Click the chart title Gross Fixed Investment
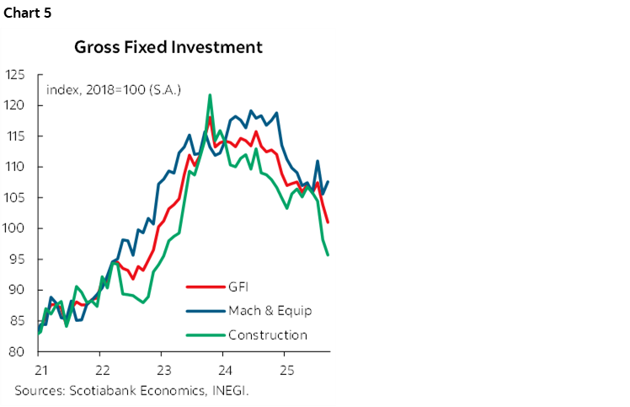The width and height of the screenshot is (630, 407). click(x=168, y=47)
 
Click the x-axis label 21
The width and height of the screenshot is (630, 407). click(x=39, y=369)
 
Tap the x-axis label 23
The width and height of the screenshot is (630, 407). click(x=163, y=369)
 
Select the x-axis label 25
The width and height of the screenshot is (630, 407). click(x=287, y=369)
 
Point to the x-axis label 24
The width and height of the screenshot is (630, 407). click(x=225, y=369)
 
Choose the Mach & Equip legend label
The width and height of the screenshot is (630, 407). click(x=270, y=310)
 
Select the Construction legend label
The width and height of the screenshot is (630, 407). click(x=268, y=335)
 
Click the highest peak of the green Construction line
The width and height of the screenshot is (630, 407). click(x=210, y=95)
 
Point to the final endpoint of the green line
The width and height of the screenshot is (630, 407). click(x=328, y=254)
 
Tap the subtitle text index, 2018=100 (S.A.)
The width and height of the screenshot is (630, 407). click(x=114, y=88)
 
